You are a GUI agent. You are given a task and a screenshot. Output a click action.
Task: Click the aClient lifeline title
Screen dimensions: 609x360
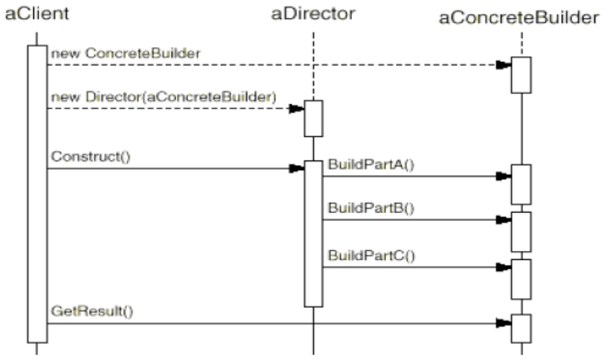pos(37,14)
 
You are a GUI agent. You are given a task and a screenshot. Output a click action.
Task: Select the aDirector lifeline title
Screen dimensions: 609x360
pos(313,14)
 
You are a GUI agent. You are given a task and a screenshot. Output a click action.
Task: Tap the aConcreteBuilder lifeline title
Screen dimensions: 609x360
pos(519,18)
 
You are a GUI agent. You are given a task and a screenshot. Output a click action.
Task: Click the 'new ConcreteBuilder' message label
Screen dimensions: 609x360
pos(126,53)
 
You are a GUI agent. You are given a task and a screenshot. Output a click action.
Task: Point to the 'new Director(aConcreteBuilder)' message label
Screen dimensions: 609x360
pos(163,97)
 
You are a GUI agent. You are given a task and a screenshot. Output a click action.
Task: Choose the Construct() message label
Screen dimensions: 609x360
pos(90,156)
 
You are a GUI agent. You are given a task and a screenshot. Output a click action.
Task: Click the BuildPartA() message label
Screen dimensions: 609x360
pos(371,165)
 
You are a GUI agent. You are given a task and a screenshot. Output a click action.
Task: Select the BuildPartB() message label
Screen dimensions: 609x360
pos(371,208)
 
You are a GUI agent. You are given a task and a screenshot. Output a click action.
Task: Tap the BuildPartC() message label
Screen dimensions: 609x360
pos(372,256)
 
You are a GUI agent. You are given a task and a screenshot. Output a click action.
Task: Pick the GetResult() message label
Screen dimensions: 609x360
pos(92,311)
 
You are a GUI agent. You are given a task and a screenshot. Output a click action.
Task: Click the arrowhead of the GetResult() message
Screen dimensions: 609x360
pos(503,323)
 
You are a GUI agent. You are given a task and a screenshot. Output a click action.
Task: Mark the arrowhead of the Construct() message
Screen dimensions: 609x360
pos(297,168)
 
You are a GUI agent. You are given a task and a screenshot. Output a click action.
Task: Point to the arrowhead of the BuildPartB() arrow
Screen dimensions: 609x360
pos(503,220)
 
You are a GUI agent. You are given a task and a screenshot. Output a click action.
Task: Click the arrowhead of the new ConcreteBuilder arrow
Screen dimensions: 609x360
pos(503,65)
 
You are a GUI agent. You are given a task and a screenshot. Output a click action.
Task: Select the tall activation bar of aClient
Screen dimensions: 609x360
pos(37,194)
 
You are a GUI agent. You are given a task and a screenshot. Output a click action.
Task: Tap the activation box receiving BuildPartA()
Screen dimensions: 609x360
pos(522,184)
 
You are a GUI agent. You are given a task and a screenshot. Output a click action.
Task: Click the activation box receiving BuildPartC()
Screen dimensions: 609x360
pos(522,279)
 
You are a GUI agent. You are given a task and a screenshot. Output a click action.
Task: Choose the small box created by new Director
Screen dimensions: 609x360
pos(313,119)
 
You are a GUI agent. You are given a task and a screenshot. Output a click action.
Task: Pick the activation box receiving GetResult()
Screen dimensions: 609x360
pos(522,329)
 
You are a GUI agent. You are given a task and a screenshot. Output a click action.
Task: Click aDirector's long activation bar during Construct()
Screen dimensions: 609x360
pos(313,234)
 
